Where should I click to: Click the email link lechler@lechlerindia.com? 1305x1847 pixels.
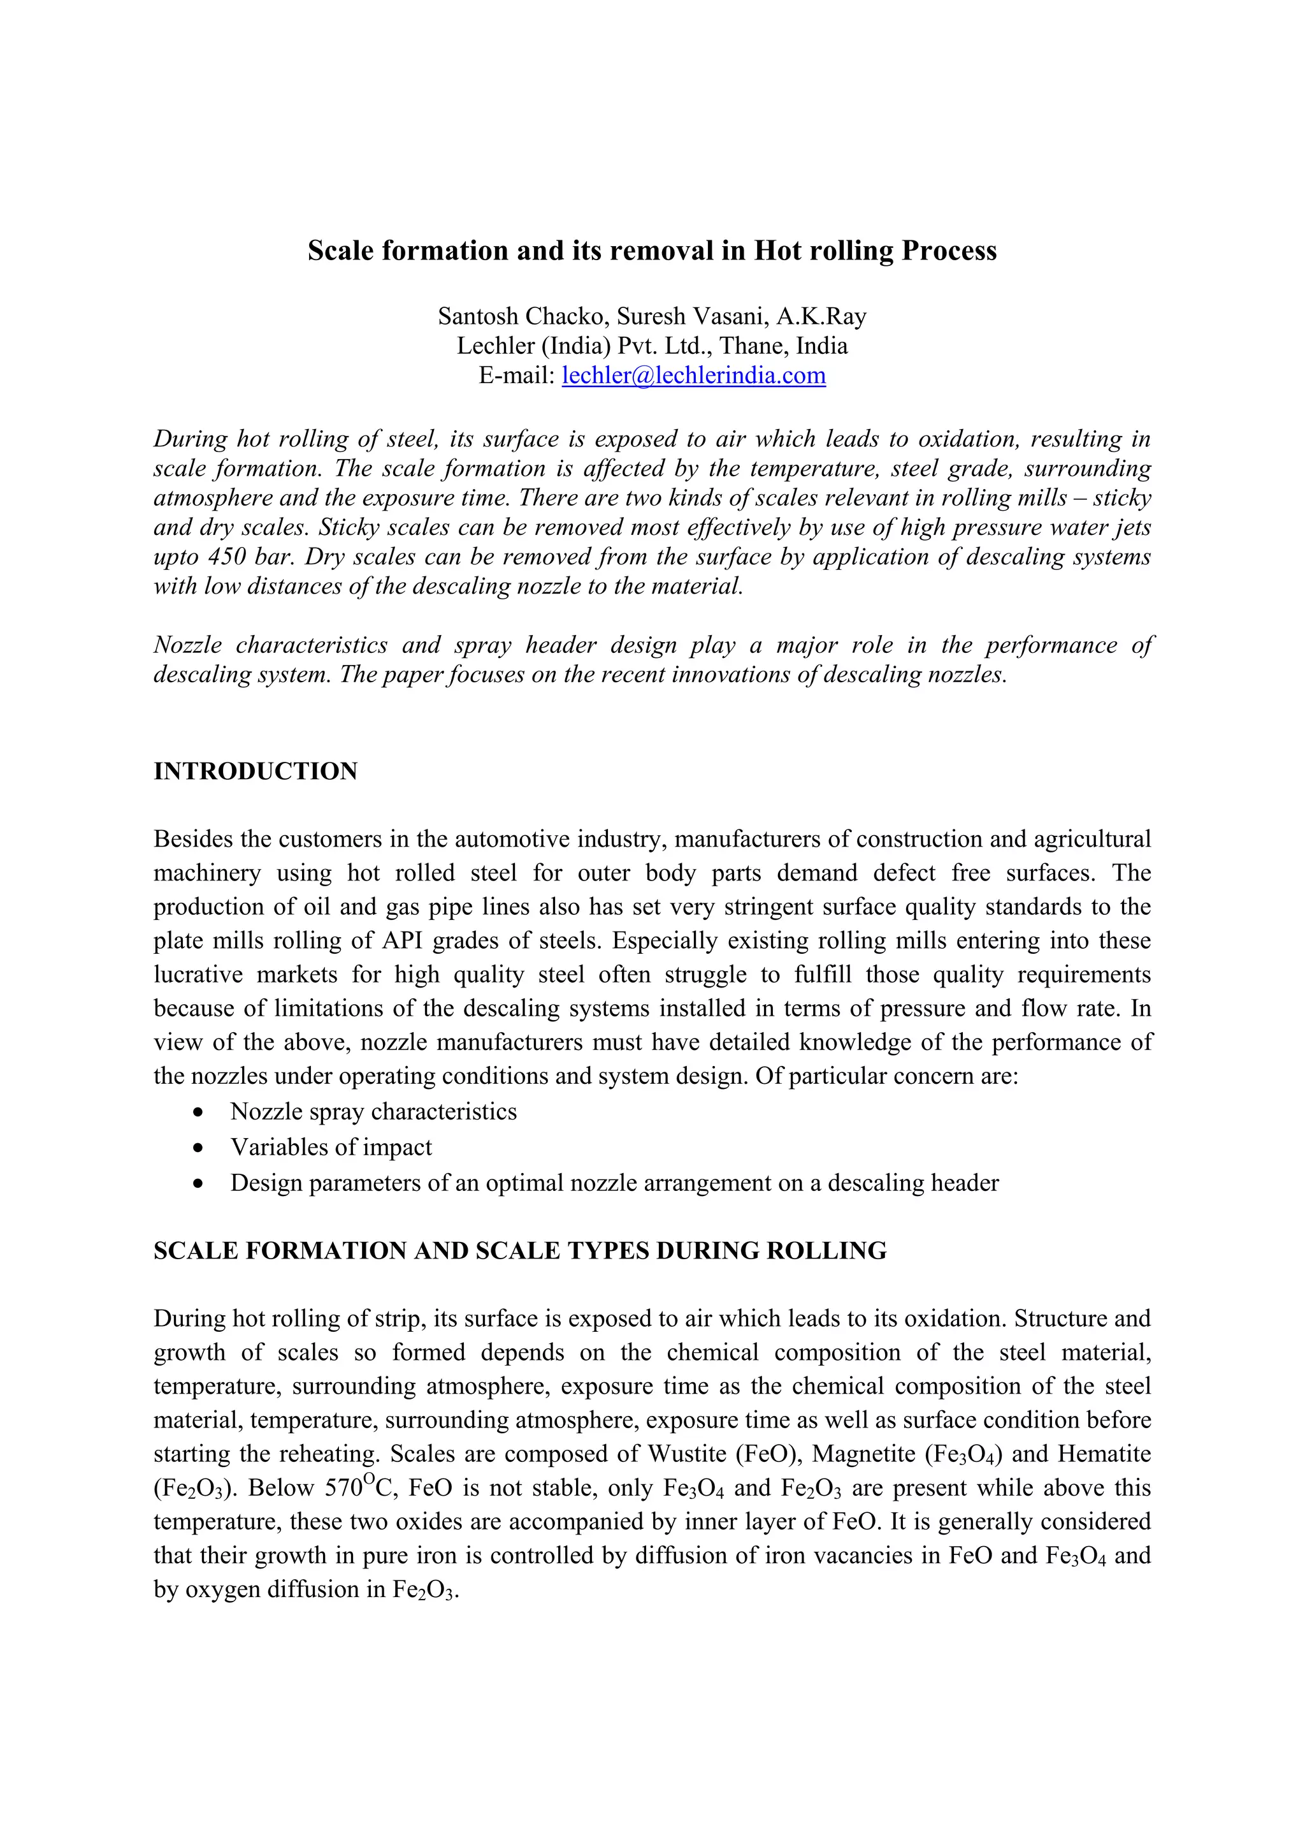[693, 375]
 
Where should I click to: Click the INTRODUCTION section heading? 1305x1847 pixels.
[255, 771]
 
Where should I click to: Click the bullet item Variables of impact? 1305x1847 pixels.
[331, 1147]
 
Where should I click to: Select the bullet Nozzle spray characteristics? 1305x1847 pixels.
[373, 1112]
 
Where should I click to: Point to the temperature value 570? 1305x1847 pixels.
[343, 1488]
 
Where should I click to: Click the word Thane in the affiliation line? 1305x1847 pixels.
[754, 346]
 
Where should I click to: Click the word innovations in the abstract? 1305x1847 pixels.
[730, 674]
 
